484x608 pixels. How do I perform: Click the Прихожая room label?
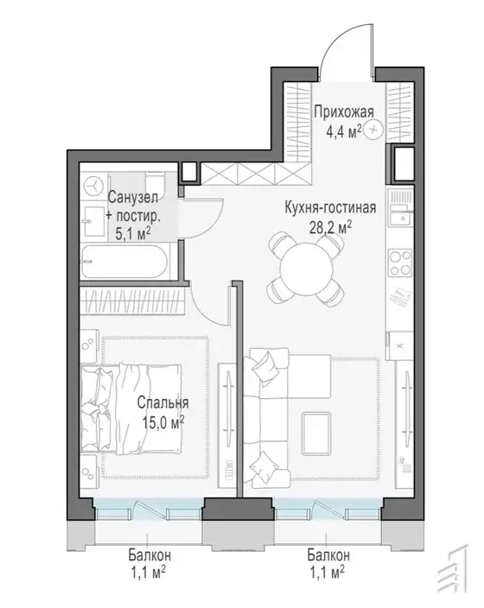343,112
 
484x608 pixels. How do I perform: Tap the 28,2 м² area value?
330,228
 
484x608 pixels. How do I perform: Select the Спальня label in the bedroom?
162,402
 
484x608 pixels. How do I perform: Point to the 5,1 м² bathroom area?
133,233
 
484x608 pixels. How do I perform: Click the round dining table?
306,269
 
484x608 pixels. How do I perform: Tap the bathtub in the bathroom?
125,261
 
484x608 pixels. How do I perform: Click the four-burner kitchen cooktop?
400,263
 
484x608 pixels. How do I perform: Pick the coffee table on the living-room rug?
316,434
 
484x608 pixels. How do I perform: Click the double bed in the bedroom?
131,409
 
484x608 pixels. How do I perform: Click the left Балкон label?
150,555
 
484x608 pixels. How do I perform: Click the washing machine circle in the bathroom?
93,187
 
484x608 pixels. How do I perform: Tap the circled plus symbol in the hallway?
374,130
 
